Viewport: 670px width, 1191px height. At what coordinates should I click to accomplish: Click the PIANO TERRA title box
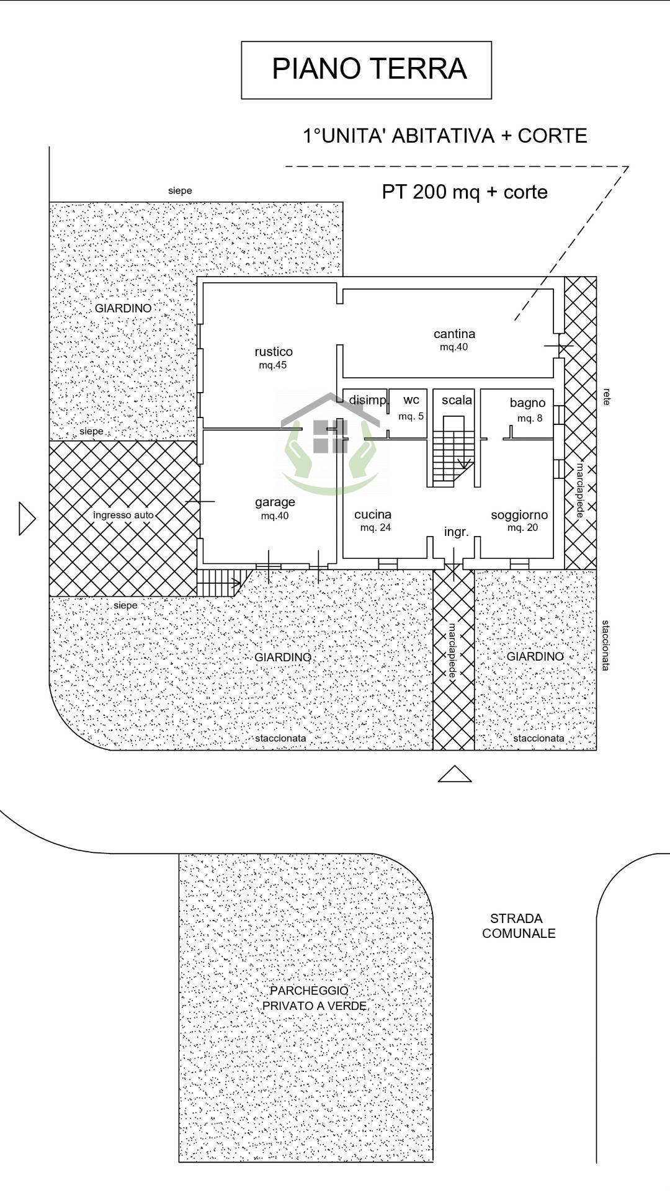pyautogui.click(x=366, y=70)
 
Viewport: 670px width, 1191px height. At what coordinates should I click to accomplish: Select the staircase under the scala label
pyautogui.click(x=453, y=451)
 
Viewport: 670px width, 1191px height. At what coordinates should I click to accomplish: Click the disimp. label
pyautogui.click(x=368, y=400)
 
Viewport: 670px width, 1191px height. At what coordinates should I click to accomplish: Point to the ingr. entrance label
pyautogui.click(x=456, y=532)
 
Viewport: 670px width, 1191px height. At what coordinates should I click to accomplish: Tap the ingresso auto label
pyautogui.click(x=123, y=515)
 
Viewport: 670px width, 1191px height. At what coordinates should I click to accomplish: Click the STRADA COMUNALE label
pyautogui.click(x=519, y=926)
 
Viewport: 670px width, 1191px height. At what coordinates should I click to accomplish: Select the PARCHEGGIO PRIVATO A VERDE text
pyautogui.click(x=314, y=998)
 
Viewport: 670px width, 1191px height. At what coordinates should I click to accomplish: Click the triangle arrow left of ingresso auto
pyautogui.click(x=27, y=519)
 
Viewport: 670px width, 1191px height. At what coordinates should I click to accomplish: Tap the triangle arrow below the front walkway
pyautogui.click(x=455, y=774)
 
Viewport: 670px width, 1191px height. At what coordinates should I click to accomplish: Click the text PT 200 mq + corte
pyautogui.click(x=465, y=192)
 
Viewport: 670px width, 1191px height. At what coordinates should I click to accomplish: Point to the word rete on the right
pyautogui.click(x=606, y=397)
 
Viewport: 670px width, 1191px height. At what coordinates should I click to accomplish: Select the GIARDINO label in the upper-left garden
pyautogui.click(x=123, y=308)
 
